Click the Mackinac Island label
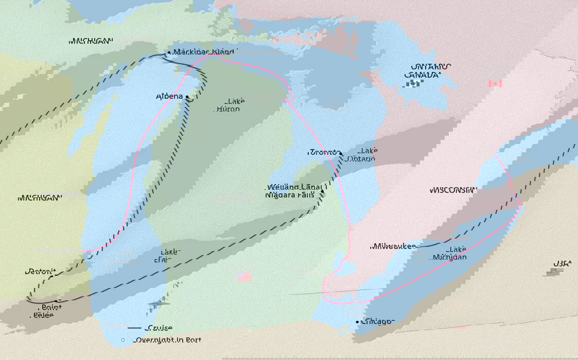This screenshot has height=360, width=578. [204, 52]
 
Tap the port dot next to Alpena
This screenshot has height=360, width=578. [188, 97]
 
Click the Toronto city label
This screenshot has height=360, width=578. [323, 152]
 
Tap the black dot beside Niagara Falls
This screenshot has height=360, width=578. [323, 191]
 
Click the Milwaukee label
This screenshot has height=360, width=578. [393, 246]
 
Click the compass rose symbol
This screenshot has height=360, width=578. [156, 304]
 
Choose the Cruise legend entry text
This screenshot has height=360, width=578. [159, 328]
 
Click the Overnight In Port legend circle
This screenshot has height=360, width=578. [123, 340]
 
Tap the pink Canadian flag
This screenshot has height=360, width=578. [495, 83]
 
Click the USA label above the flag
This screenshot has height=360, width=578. [562, 264]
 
